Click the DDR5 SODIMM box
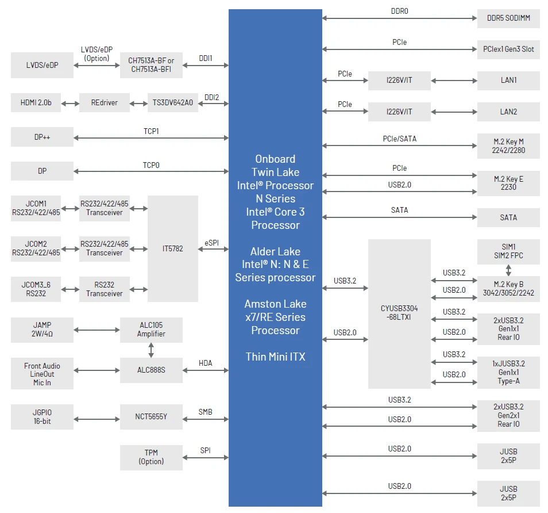(508, 18)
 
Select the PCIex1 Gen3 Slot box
(508, 49)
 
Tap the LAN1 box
(508, 81)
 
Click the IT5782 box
(173, 248)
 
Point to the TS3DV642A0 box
(173, 102)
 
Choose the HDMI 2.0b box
(36, 102)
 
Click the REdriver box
(104, 102)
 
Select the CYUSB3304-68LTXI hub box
(399, 314)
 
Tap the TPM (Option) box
(151, 457)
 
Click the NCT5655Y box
(151, 417)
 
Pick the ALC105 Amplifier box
(151, 330)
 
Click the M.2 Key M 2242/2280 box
(508, 146)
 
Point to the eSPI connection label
(212, 243)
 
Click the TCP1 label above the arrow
(151, 131)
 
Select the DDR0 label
(399, 11)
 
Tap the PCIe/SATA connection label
(399, 139)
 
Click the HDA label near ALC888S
(206, 363)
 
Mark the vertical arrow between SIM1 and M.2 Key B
(508, 270)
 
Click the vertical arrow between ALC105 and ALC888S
(151, 350)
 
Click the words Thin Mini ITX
(275, 357)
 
